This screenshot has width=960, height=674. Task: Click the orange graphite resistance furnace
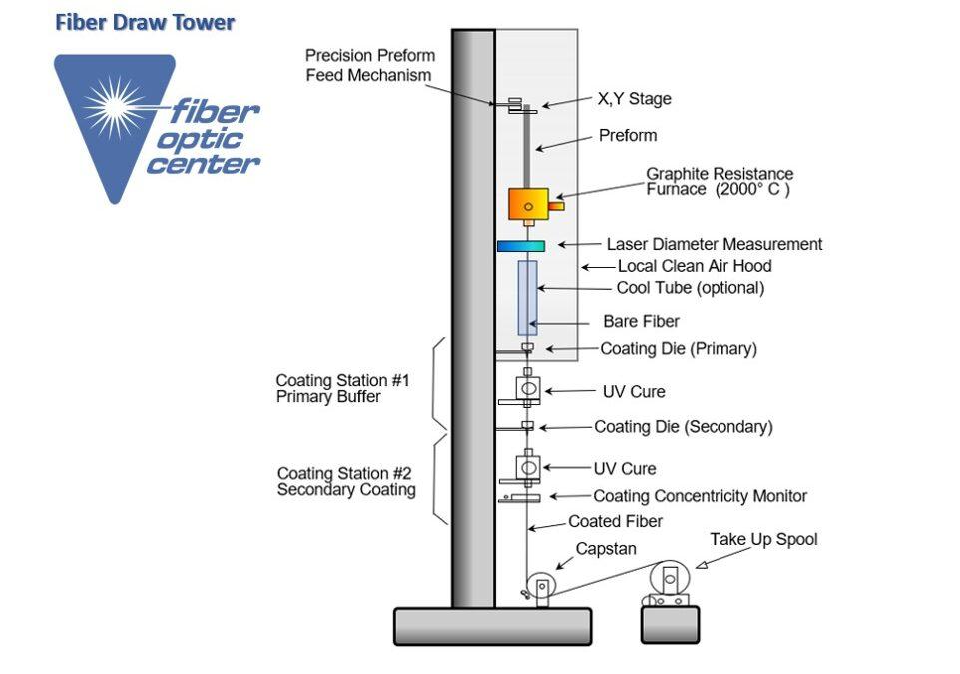tap(528, 204)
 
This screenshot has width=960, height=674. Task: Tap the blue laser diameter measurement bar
tap(520, 246)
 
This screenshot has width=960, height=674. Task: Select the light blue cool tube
tap(527, 298)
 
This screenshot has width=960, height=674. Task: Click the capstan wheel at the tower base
tap(542, 587)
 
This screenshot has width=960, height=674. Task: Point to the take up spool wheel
tap(670, 578)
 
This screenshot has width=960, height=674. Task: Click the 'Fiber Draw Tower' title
tap(145, 23)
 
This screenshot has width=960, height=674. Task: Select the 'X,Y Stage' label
tap(635, 99)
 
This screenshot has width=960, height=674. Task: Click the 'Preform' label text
tap(628, 136)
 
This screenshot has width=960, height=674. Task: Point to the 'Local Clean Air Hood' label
tap(695, 266)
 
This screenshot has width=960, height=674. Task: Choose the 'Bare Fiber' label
tap(641, 321)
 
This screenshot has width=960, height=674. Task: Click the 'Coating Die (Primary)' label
tap(679, 349)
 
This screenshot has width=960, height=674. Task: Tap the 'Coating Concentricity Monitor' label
tap(700, 496)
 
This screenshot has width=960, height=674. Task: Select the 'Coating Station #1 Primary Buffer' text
tap(342, 389)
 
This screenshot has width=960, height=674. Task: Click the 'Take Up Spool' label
tap(763, 540)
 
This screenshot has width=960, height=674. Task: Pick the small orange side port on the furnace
tap(556, 206)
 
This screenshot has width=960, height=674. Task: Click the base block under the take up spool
tap(670, 625)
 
